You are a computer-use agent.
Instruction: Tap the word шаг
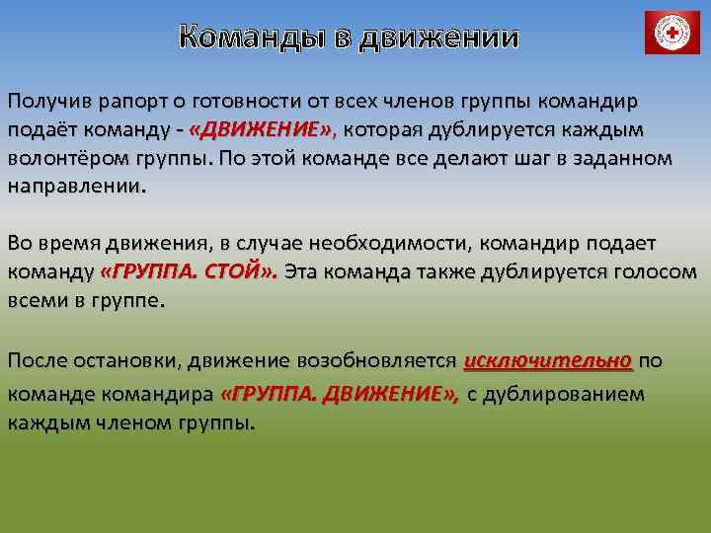499,159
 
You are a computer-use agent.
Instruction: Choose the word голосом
649,271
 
